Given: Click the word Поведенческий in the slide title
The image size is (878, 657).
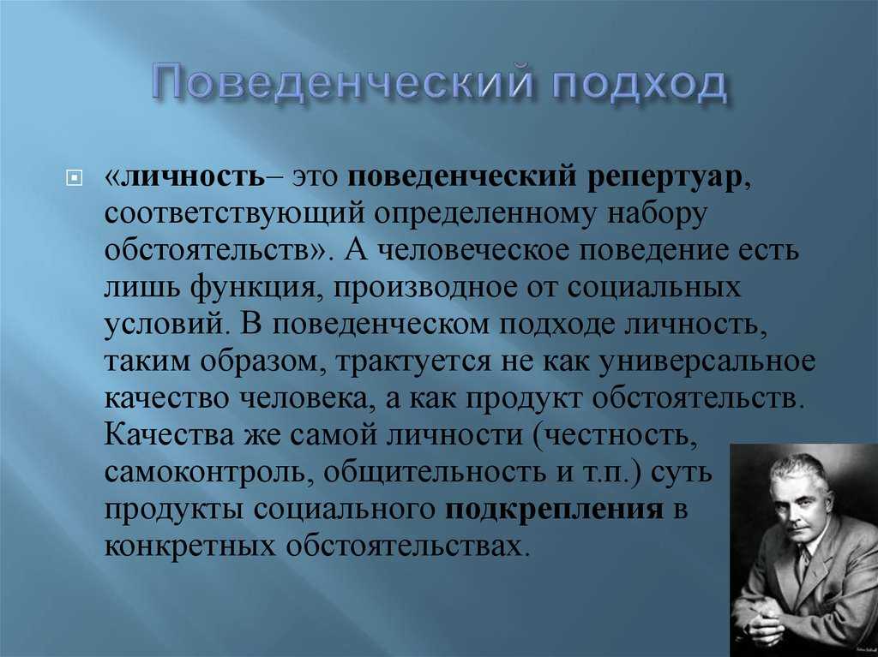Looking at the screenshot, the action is [x=342, y=85].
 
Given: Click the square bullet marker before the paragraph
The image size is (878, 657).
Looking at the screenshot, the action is [x=74, y=178].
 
